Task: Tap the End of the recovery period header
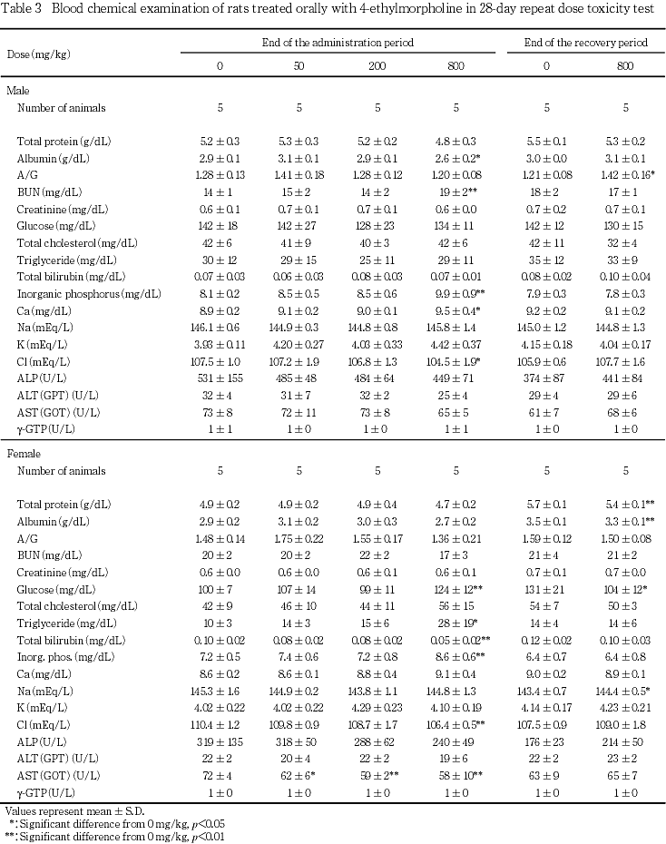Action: [x=585, y=43]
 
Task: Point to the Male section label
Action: [x=17, y=91]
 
